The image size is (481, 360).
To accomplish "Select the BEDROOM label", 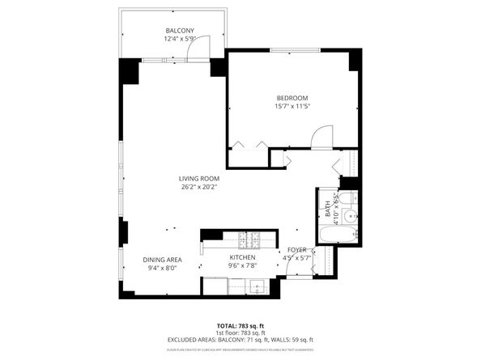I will tap(292, 98).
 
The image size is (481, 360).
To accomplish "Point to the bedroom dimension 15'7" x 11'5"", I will tap(292, 106).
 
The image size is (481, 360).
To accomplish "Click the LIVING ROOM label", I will tap(199, 178).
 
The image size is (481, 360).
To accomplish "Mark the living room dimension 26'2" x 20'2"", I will tap(199, 187).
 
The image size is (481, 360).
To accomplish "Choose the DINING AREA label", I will tap(162, 260).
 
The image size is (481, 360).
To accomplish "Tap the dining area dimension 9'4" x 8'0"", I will tap(162, 268).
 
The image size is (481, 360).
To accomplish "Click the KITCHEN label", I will tap(242, 256).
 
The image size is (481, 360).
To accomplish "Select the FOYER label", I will tap(296, 250).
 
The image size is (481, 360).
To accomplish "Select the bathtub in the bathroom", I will tap(335, 235).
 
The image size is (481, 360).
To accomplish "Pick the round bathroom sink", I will tap(350, 216).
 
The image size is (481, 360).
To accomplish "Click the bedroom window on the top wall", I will tap(292, 51).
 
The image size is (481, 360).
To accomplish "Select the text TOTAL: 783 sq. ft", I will tap(240, 325).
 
